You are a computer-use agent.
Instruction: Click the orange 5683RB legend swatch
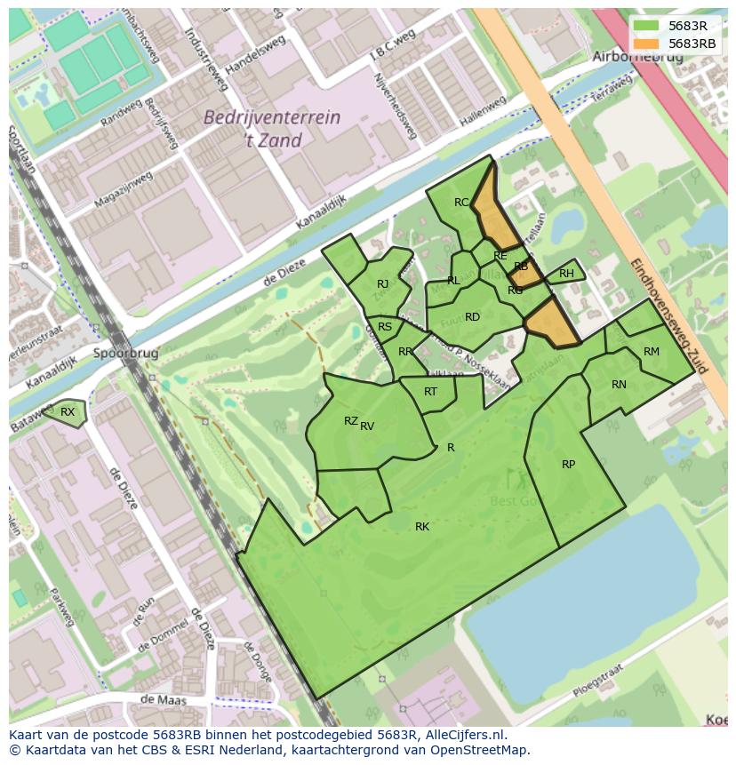[x=646, y=44]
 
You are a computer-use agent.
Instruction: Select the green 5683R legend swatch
[x=646, y=26]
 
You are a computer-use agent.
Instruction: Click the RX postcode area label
[x=68, y=411]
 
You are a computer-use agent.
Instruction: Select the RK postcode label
[x=422, y=527]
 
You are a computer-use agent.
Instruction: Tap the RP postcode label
[x=568, y=465]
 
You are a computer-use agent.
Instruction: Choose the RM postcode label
[x=652, y=352]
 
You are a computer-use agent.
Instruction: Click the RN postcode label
[x=619, y=385]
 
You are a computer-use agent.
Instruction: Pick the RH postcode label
[x=566, y=274]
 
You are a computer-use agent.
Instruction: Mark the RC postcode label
[x=461, y=203]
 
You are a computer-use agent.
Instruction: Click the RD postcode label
[x=472, y=317]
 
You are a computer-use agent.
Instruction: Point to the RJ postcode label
[x=382, y=284]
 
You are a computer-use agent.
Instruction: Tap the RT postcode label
[x=430, y=392]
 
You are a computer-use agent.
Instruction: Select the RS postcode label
[x=385, y=327]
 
